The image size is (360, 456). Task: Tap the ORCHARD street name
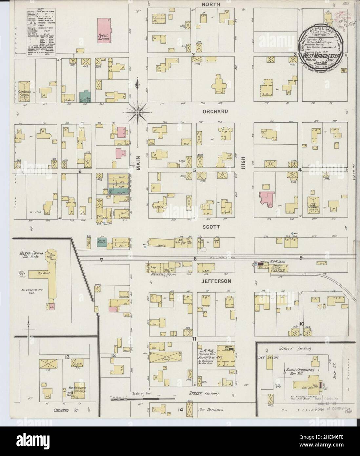215,112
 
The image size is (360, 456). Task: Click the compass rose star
138,113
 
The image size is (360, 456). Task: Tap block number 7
102,260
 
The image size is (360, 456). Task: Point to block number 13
67,357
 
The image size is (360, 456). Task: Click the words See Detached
211,410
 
